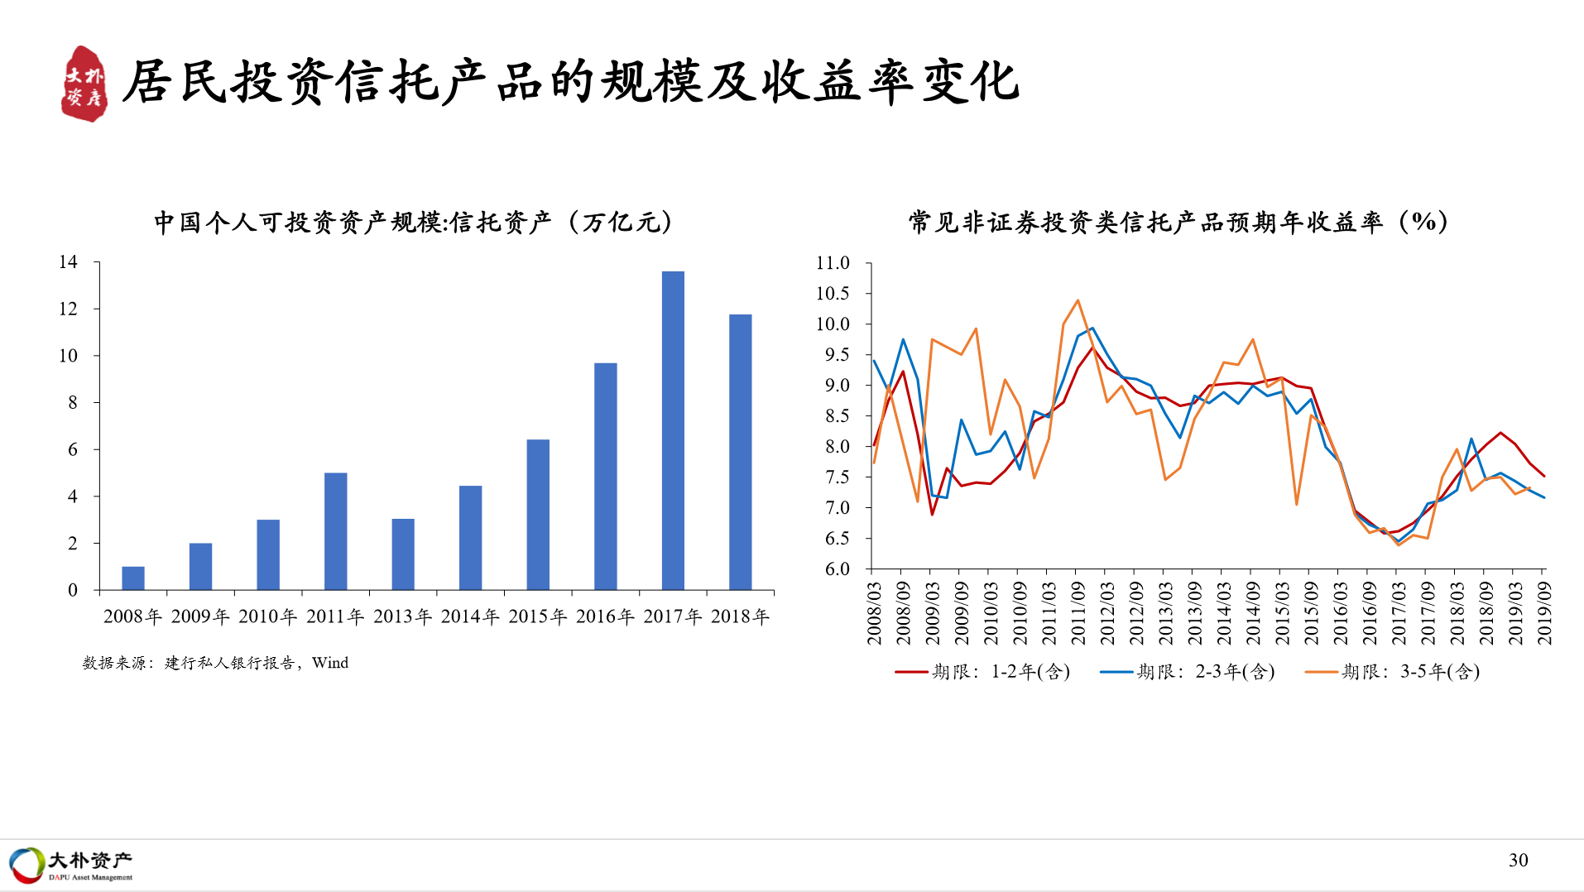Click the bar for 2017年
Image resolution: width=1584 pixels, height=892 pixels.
click(x=673, y=430)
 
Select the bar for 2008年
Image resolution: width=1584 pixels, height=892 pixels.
click(x=133, y=578)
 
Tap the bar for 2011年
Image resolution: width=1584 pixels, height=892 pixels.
click(x=336, y=531)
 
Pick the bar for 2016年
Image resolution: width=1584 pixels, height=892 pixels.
click(x=606, y=477)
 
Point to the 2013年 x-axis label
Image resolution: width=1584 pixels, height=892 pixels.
click(x=403, y=616)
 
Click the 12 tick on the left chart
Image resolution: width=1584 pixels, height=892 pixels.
click(x=68, y=309)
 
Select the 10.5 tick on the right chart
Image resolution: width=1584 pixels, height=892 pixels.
click(x=833, y=293)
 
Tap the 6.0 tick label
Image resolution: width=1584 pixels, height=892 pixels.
click(x=837, y=568)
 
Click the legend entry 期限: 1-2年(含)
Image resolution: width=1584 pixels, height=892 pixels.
click(x=983, y=671)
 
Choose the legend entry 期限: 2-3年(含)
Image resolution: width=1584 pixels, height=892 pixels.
click(x=1188, y=671)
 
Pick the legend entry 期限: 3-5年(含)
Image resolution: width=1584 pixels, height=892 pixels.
click(x=1393, y=671)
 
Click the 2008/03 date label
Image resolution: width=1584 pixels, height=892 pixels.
click(x=875, y=613)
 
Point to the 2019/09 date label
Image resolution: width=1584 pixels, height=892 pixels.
click(x=1544, y=613)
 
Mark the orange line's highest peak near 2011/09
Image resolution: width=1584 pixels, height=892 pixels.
click(x=1078, y=300)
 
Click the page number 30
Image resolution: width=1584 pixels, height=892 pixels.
click(x=1519, y=861)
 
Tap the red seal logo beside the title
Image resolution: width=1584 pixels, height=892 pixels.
click(x=84, y=84)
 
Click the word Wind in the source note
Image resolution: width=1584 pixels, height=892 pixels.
click(x=330, y=663)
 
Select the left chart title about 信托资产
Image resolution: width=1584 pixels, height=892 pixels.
click(x=413, y=222)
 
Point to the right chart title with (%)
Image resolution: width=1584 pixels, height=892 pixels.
click(x=1178, y=222)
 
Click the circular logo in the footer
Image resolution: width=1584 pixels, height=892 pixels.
click(x=26, y=865)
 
